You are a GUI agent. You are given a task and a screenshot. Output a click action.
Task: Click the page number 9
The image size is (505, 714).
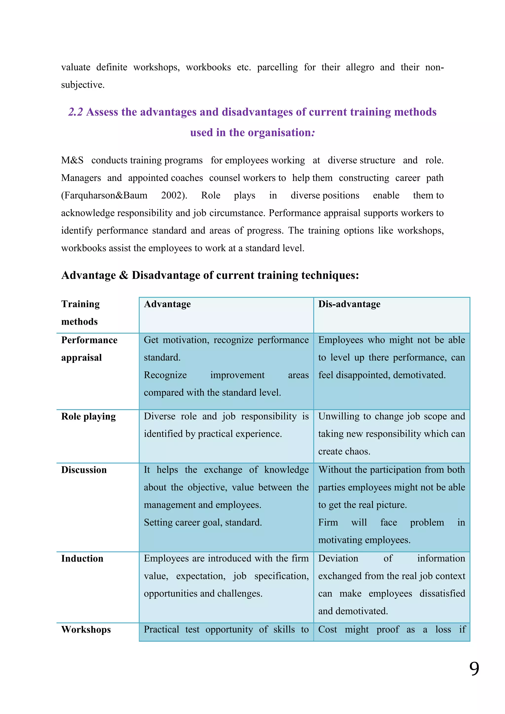[474, 669]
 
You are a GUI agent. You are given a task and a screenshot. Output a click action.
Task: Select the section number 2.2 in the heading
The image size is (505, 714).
[75, 112]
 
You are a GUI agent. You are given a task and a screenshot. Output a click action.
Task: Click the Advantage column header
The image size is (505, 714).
[167, 304]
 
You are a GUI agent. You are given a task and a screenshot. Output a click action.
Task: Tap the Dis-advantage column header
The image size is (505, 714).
[349, 304]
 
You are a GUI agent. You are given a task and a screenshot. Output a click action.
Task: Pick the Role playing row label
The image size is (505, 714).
[88, 416]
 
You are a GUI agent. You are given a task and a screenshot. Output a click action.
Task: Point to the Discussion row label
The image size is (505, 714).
[84, 470]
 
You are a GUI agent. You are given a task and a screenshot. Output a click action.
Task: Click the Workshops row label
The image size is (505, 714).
[86, 629]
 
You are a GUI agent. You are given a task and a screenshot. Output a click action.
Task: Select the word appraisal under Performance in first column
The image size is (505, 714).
[81, 358]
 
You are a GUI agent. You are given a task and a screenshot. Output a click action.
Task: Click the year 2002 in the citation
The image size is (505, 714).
[172, 195]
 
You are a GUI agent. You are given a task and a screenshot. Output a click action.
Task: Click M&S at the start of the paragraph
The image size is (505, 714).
[72, 161]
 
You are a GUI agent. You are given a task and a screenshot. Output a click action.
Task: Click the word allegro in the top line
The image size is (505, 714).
[360, 68]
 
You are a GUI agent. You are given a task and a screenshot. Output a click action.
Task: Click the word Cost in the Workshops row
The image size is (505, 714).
[327, 629]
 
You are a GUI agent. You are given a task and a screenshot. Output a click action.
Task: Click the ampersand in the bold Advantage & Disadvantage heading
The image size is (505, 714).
[124, 276]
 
